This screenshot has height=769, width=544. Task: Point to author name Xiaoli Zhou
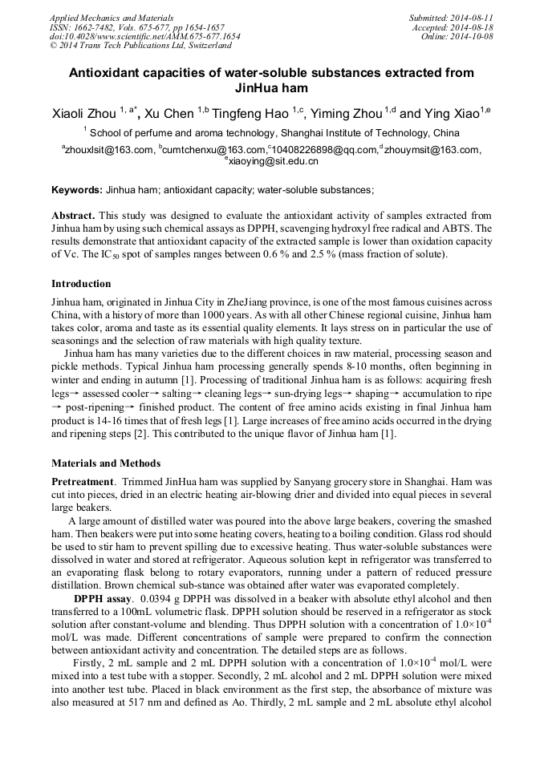click(x=83, y=114)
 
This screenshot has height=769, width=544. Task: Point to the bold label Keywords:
click(x=77, y=190)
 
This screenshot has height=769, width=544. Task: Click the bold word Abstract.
click(x=73, y=217)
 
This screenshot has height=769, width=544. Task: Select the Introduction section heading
click(x=81, y=284)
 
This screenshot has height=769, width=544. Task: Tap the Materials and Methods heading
click(x=106, y=463)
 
